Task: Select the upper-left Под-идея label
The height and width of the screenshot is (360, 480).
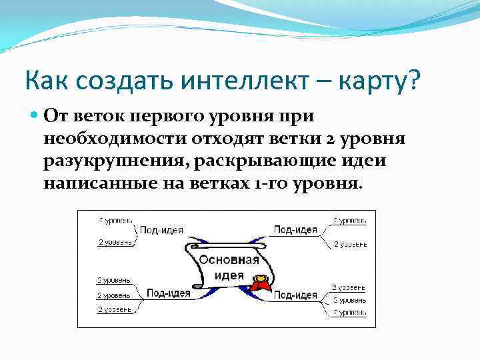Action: pyautogui.click(x=161, y=231)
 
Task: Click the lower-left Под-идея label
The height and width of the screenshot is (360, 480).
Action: pyautogui.click(x=168, y=293)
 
